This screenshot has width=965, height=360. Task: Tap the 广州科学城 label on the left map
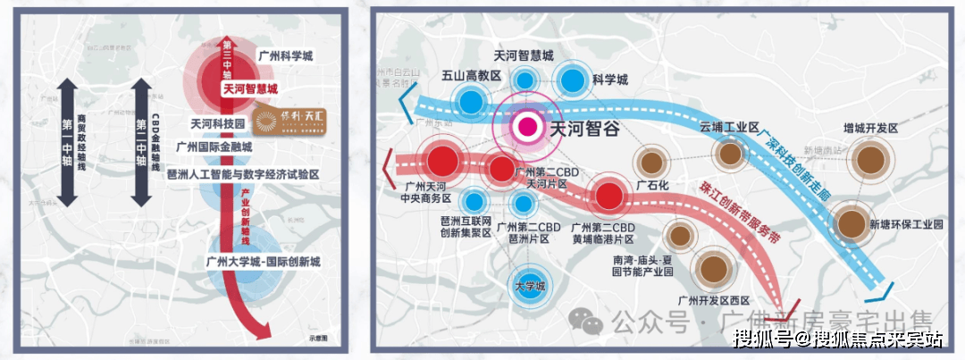tap(288, 54)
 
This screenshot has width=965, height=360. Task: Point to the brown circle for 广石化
tap(651, 163)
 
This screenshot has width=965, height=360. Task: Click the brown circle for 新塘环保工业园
tap(849, 222)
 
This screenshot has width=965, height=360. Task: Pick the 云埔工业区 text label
tap(729, 128)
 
